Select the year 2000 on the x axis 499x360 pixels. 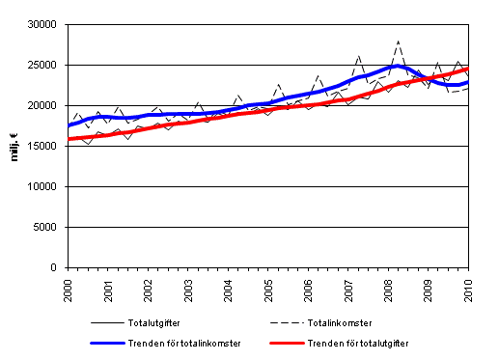pyautogui.click(x=68, y=287)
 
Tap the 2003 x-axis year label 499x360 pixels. pyautogui.click(x=188, y=287)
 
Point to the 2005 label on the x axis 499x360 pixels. pyautogui.click(x=268, y=287)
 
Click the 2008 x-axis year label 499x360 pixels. pyautogui.click(x=388, y=287)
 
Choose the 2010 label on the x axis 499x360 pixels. pyautogui.click(x=468, y=287)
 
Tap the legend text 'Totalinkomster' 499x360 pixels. pyautogui.click(x=362, y=321)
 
